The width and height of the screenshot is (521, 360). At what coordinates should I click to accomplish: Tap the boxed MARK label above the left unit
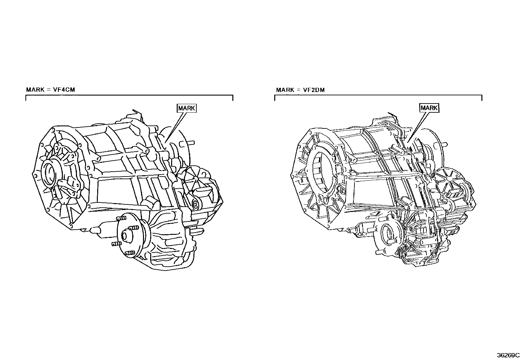187,108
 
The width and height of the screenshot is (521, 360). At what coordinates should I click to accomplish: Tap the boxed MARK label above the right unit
429,108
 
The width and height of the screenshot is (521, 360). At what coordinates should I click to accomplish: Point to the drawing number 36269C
508,355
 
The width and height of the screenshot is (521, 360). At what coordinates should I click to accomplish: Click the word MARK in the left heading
35,89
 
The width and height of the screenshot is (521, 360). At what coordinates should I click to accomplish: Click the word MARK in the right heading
285,90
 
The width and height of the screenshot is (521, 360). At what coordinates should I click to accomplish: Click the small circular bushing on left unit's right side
195,204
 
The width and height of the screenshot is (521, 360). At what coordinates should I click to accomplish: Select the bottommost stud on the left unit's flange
129,253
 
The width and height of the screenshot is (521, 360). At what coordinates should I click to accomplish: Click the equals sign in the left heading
48,89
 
